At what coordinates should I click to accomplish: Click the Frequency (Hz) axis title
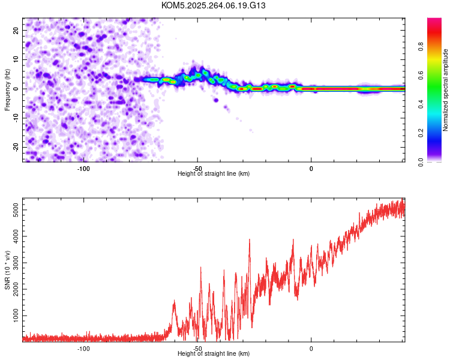(x=7, y=89)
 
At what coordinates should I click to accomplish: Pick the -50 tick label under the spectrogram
(x=197, y=168)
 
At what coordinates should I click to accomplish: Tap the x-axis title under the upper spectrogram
(x=214, y=174)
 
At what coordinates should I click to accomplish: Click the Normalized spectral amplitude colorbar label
(x=445, y=90)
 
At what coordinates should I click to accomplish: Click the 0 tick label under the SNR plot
(x=311, y=348)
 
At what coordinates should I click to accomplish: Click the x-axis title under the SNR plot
(x=214, y=354)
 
